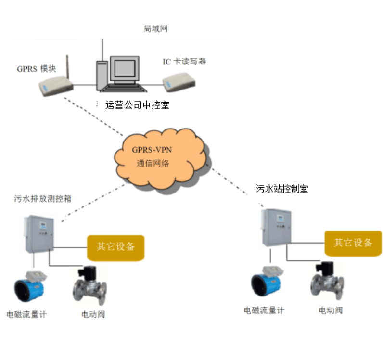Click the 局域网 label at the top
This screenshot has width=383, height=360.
155,29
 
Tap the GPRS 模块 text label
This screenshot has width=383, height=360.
37,69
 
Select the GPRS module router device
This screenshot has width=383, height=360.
55,87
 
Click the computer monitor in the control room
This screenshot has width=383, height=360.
126,70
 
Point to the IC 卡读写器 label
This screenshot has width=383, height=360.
184,62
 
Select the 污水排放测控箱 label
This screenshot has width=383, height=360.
42,198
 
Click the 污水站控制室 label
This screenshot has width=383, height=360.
282,189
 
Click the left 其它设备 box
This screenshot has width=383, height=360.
115,247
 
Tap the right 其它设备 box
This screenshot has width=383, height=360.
354,242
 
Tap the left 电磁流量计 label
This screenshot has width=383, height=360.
26,315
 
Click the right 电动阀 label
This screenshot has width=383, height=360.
331,310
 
